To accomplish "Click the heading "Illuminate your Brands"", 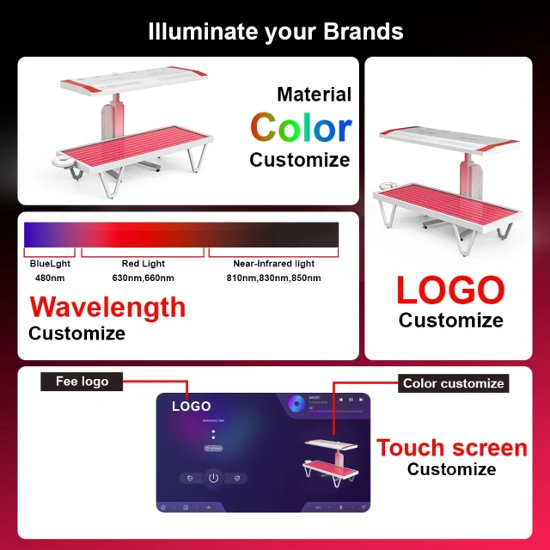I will pyautogui.click(x=275, y=32).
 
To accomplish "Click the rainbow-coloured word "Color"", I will pyautogui.click(x=301, y=128).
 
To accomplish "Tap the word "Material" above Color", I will pyautogui.click(x=314, y=95).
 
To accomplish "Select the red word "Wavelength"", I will pyautogui.click(x=107, y=307).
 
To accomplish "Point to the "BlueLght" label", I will pyautogui.click(x=50, y=264).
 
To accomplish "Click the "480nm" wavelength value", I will pyautogui.click(x=50, y=278).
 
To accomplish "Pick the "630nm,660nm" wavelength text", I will pyautogui.click(x=144, y=278).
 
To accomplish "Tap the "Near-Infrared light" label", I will pyautogui.click(x=273, y=264).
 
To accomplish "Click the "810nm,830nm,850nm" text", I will pyautogui.click(x=273, y=278).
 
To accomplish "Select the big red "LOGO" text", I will pyautogui.click(x=450, y=290).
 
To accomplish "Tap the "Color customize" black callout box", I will pyautogui.click(x=453, y=383).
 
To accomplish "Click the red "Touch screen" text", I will pyautogui.click(x=451, y=448).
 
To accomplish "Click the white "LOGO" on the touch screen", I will pyautogui.click(x=191, y=406).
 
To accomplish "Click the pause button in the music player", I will pyautogui.click(x=351, y=400).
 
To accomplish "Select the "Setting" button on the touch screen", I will pyautogui.click(x=213, y=449).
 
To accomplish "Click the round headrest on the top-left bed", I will pyautogui.click(x=65, y=161).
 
